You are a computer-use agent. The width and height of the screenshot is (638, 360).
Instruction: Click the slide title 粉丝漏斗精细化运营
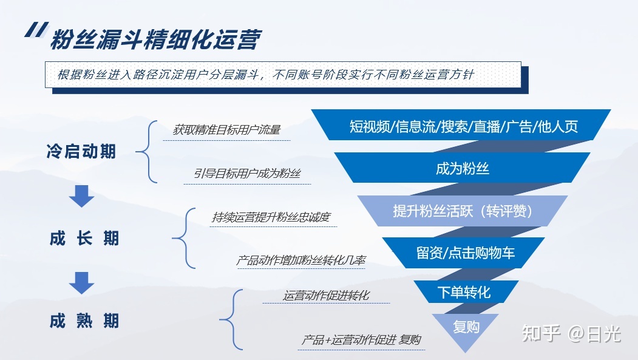(155, 40)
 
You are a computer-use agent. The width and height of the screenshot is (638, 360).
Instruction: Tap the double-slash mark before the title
(36, 30)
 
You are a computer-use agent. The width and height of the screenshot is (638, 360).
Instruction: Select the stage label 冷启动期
(81, 151)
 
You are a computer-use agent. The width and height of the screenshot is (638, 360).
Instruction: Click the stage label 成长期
(84, 239)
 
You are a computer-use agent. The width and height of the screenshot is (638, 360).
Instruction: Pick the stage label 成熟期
(84, 321)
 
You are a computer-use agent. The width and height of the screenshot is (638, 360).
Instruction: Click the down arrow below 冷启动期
(81, 196)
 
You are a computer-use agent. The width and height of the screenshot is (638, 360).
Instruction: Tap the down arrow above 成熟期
(81, 283)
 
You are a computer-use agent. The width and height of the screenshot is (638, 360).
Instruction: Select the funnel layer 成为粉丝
(462, 168)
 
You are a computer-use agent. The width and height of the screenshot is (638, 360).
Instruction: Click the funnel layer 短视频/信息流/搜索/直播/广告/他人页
(461, 125)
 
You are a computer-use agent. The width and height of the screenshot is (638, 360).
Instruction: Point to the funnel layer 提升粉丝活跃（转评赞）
(463, 211)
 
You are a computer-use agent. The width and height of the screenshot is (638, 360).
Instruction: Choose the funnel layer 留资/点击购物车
(463, 253)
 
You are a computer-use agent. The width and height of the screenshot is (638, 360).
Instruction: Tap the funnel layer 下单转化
(464, 292)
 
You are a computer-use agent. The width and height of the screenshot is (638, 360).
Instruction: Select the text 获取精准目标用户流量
(226, 130)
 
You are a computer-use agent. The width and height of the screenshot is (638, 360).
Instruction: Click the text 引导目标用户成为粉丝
(247, 174)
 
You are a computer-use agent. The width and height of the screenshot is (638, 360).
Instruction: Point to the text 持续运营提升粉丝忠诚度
(271, 217)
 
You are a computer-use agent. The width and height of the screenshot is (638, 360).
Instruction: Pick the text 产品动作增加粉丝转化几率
(300, 260)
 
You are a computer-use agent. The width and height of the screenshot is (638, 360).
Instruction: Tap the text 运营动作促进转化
(327, 296)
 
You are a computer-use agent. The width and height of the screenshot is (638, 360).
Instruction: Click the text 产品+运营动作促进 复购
(361, 339)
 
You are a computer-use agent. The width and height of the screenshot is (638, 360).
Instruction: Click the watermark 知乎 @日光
(571, 333)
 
